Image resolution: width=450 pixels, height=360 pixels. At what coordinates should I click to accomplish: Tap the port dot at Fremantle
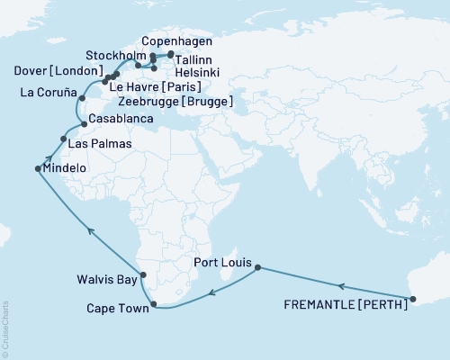pyautogui.click(x=412, y=299)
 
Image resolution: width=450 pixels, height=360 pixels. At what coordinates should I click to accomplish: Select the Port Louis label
pyautogui.click(x=222, y=264)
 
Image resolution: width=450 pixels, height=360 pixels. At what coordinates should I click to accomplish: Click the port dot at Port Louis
pyautogui.click(x=258, y=267)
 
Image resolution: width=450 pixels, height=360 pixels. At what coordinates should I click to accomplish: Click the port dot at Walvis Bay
pyautogui.click(x=142, y=275)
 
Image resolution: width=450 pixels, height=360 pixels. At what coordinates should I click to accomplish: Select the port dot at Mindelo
pyautogui.click(x=38, y=168)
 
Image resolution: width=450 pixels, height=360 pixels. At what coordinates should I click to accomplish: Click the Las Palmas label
pyautogui.click(x=96, y=144)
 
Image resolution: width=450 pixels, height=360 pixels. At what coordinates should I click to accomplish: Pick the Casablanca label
pyautogui.click(x=119, y=120)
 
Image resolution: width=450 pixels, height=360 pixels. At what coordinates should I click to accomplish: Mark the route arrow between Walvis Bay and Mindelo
pyautogui.click(x=90, y=230)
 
